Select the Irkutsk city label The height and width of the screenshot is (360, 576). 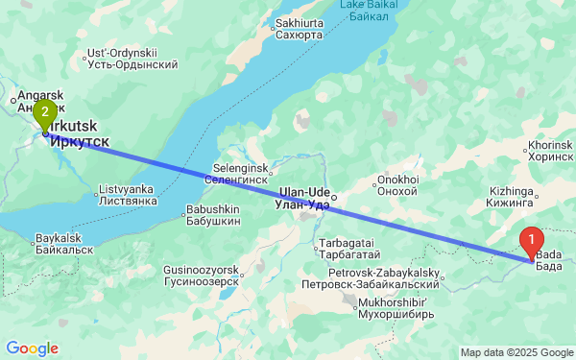(x=77, y=134)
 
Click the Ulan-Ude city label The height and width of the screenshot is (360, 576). (x=302, y=198)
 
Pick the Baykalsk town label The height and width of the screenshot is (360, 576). (x=64, y=243)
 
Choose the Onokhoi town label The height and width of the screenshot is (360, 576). (x=397, y=184)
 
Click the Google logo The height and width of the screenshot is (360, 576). (x=32, y=348)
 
